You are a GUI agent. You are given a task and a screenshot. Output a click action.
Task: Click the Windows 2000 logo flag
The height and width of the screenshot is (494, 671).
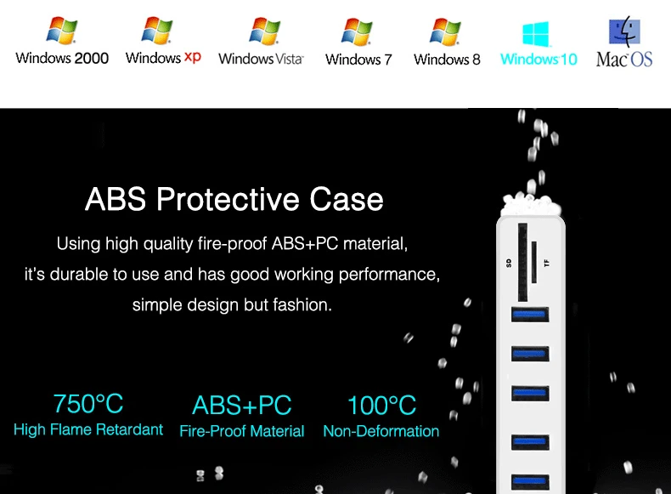tap(62, 31)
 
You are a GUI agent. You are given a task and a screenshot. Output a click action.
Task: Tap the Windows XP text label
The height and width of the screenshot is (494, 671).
tap(163, 58)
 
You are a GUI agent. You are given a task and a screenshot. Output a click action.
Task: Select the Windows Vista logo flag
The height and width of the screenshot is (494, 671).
tap(263, 31)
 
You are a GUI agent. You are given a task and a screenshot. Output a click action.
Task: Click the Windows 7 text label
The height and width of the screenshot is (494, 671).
tap(358, 60)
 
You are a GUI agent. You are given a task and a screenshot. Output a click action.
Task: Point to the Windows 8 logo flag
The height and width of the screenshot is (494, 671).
tap(446, 31)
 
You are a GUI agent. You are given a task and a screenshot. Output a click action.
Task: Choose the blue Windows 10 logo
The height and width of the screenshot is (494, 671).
tap(536, 34)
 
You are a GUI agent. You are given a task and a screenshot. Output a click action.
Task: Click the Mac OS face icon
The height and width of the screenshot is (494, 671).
tap(624, 31)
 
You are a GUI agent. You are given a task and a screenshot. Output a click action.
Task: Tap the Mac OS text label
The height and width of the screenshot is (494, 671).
tap(624, 60)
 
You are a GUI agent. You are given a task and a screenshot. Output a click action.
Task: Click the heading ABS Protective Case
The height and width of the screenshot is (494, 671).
tap(234, 200)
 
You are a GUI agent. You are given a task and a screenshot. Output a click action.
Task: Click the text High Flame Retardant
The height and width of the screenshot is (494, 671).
tap(88, 430)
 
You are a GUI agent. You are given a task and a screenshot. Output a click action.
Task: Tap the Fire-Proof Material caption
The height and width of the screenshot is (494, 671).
tap(242, 431)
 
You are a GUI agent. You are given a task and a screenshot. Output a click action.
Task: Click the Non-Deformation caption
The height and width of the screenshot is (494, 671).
tap(381, 431)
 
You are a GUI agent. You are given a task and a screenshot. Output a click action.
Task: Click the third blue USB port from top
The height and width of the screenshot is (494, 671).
tap(528, 393)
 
